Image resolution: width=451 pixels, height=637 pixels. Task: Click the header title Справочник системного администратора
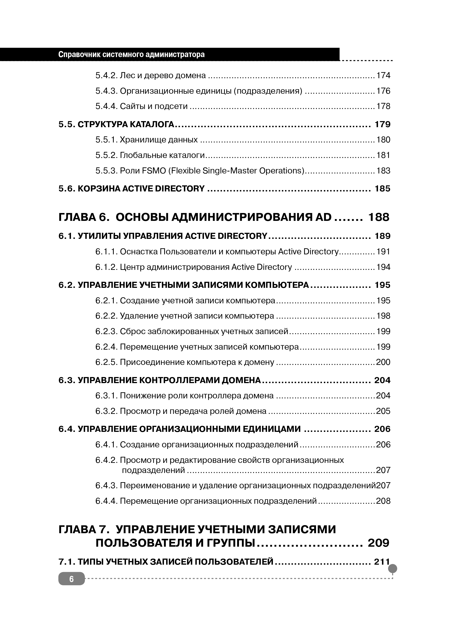tap(131, 54)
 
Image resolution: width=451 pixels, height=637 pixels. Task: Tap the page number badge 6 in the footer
tap(71, 579)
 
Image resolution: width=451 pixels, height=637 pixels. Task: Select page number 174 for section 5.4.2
tap(383, 75)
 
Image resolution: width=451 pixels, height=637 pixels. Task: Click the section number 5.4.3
tap(107, 91)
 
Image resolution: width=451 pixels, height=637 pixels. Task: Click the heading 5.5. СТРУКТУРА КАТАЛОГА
tap(116, 124)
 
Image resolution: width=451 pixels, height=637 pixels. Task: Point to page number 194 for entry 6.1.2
tap(383, 267)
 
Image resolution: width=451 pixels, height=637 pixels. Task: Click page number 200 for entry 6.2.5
tap(383, 362)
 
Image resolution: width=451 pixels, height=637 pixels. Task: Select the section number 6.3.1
tap(107, 396)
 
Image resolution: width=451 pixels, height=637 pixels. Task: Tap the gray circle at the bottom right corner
tap(393, 569)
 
